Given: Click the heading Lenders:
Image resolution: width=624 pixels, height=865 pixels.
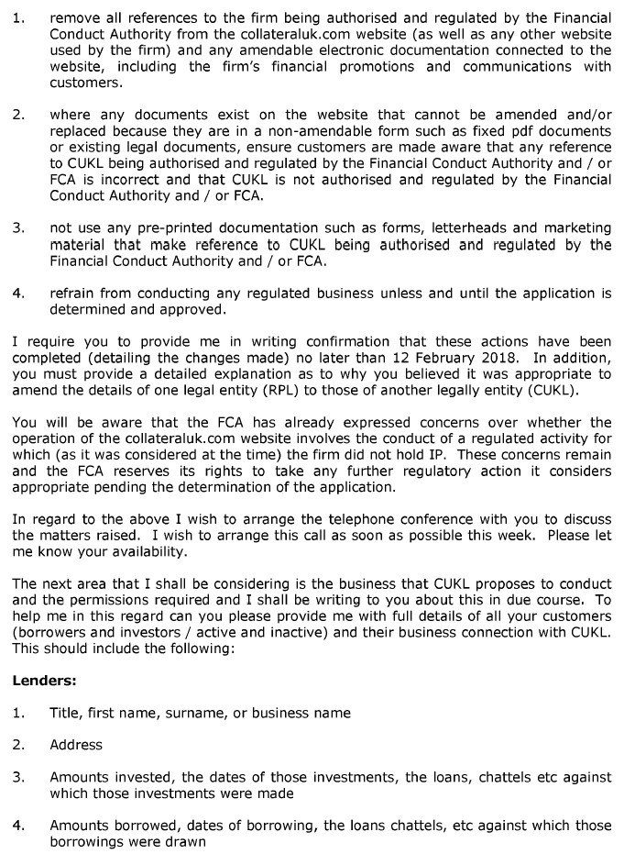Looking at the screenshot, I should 44,681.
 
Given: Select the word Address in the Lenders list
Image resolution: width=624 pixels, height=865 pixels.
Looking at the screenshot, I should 76,745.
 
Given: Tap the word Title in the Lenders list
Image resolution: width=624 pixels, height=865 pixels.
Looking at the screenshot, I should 66,713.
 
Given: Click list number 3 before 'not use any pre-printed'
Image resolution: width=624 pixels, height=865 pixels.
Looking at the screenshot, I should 18,228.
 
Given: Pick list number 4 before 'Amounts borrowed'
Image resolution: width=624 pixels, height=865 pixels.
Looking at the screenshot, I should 18,825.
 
